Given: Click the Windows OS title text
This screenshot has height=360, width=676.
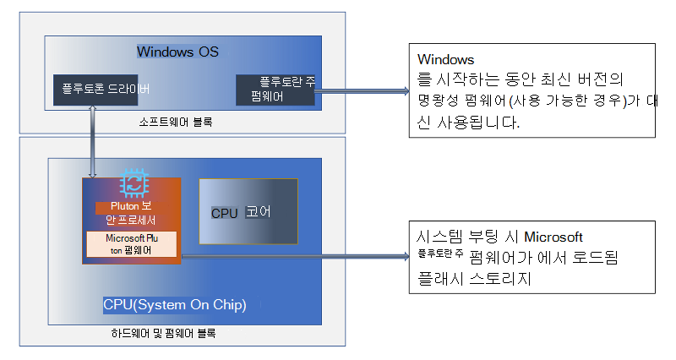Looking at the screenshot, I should click(177, 52).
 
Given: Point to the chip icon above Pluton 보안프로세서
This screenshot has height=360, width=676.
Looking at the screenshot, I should click(131, 184).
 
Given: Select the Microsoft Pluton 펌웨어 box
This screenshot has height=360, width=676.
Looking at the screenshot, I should click(131, 244).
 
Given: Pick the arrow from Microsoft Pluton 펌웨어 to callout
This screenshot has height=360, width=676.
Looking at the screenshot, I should click(292, 256).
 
